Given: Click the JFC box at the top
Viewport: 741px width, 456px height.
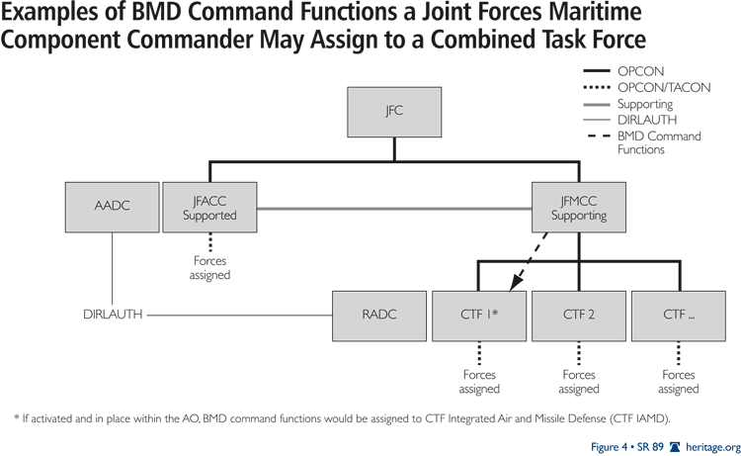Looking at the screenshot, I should pos(394,112).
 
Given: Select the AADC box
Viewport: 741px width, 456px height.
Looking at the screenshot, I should pos(111,208).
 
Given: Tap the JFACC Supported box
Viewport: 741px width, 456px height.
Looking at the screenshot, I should pos(208,208).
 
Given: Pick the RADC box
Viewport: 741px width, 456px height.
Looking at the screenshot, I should pos(380,316).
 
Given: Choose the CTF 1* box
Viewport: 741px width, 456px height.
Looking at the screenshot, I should pos(480,316).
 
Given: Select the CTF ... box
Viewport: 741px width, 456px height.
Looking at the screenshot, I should pos(678,316).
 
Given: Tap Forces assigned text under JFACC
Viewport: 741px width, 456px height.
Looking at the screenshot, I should pos(208,268).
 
